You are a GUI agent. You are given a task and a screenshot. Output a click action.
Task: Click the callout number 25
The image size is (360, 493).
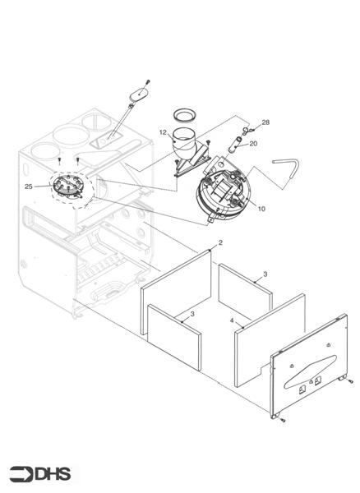[x=29, y=187]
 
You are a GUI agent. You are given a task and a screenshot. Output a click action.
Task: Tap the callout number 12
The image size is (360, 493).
[x=163, y=132]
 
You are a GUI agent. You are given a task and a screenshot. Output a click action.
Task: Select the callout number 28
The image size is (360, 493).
[x=265, y=122]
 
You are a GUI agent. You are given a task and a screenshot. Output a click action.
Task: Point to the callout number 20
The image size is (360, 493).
[x=253, y=143]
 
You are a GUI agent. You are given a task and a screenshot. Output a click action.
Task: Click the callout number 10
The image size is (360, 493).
[x=261, y=209]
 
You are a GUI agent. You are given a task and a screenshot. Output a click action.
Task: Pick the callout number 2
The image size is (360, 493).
[x=220, y=242]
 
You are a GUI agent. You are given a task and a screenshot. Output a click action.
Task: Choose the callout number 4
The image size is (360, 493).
[x=232, y=320]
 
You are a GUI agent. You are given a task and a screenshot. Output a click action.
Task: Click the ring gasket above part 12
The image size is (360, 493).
[x=186, y=115]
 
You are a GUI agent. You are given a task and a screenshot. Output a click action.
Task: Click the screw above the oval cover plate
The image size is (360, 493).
[x=148, y=81]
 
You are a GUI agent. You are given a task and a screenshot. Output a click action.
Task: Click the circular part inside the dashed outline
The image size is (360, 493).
[x=66, y=187]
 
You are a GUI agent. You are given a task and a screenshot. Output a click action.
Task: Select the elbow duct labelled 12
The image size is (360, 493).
[x=186, y=145]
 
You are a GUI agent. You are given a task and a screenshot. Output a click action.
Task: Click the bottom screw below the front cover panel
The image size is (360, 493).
[x=284, y=420]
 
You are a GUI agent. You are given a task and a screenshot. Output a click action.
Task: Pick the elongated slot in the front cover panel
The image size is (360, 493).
[x=310, y=371]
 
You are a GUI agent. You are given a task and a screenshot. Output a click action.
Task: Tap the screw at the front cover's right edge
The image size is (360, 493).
[x=351, y=381]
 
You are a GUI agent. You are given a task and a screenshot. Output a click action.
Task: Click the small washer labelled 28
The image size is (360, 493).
[x=245, y=130]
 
